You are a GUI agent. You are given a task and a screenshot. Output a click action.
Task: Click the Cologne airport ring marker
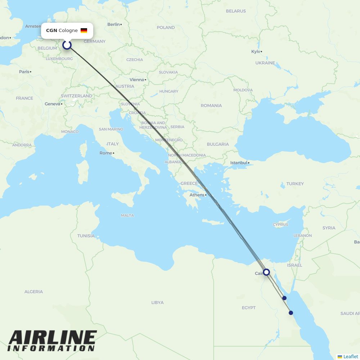(67, 45)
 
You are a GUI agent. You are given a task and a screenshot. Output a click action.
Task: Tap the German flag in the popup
(84, 31)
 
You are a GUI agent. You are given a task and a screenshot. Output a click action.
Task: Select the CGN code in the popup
(51, 31)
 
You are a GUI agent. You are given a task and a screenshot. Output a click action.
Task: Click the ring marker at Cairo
(266, 272)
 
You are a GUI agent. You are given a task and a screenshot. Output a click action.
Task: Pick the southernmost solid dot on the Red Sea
(291, 313)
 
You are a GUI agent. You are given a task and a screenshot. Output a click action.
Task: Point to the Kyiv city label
(256, 51)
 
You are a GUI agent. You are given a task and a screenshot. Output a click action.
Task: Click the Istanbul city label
(239, 163)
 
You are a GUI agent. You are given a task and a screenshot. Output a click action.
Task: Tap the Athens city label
(197, 195)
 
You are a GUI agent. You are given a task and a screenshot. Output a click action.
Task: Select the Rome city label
(106, 153)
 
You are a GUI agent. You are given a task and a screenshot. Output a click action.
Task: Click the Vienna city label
(136, 80)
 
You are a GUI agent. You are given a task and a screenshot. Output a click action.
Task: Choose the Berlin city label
(113, 24)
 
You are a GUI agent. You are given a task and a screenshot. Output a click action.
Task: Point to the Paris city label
(24, 72)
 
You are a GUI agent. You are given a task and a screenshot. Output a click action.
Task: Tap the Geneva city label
(52, 104)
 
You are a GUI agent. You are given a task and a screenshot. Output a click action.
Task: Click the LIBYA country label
(157, 302)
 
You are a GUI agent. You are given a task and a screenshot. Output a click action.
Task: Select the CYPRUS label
(280, 225)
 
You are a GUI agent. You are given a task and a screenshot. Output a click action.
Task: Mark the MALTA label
(127, 216)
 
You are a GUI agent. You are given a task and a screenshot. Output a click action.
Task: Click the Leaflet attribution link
(351, 356)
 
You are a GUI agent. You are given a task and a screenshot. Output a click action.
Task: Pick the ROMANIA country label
(211, 105)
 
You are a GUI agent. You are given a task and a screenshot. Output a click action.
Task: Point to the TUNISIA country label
(86, 236)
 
